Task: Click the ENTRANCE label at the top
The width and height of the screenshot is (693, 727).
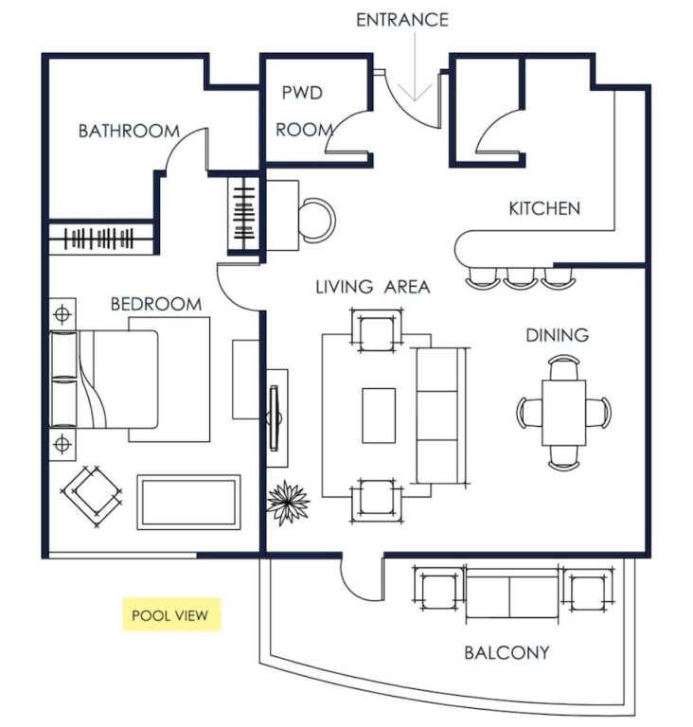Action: coord(402,20)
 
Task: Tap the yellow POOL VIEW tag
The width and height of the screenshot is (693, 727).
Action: coord(171,614)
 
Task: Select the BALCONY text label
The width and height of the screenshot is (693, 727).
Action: coord(506,653)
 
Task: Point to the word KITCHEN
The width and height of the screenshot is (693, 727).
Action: coord(544,208)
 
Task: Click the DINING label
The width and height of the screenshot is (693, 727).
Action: coord(557,335)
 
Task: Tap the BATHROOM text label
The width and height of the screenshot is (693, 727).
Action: coord(129,132)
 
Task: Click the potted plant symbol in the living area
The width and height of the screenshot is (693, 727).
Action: coord(287,502)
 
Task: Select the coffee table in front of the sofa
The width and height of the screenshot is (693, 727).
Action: coord(379,416)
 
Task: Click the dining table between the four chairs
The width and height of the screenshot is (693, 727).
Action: coord(563,413)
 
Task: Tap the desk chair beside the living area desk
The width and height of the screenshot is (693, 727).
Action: coord(317,220)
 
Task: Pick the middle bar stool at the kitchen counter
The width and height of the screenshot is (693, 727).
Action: coord(520,277)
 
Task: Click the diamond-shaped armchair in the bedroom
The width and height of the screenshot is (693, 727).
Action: coord(92,496)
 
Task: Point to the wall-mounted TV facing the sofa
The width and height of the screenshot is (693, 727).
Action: coord(275,417)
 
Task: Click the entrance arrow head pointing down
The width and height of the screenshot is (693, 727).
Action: coord(415,93)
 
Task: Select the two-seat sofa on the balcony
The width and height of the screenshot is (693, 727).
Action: coord(512,594)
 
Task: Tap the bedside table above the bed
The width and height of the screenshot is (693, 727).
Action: coord(62,314)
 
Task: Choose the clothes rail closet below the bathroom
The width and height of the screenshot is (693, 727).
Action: coord(101,239)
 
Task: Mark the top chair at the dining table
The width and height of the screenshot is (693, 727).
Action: coord(563,366)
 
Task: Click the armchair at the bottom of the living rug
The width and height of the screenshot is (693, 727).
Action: coord(376,500)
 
